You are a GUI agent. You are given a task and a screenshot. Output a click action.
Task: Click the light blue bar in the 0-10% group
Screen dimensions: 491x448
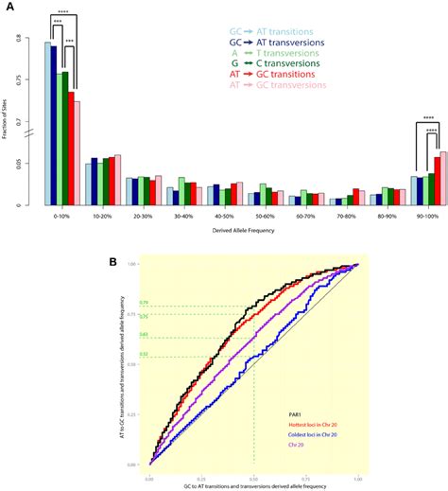coord(48,123)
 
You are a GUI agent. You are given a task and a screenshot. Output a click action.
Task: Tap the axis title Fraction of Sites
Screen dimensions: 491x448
coord(9,114)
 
